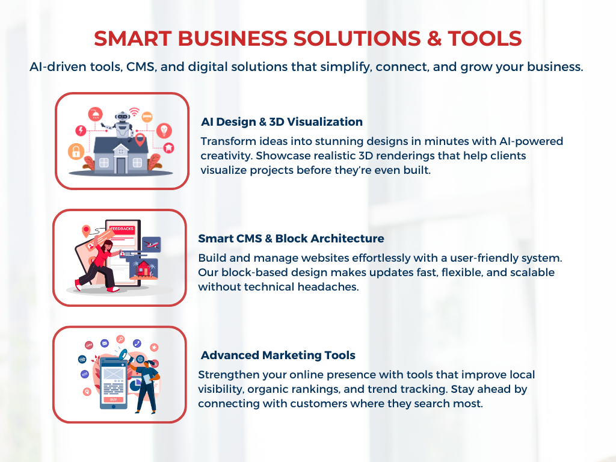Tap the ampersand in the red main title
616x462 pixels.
point(434,38)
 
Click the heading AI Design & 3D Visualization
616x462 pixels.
point(282,122)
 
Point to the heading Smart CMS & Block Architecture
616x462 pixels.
point(291,238)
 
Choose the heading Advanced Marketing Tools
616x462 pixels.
point(278,355)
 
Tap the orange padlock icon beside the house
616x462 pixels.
point(76,151)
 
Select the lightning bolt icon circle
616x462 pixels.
point(81,130)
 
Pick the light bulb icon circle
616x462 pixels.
point(164,130)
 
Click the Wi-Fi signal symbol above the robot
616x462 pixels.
point(134,111)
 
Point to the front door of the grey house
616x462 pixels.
point(120,165)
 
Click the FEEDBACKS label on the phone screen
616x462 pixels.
point(122,229)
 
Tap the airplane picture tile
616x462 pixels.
point(152,244)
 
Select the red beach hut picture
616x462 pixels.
point(143,269)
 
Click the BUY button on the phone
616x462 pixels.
point(114,399)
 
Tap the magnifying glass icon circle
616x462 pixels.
point(120,339)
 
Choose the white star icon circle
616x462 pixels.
point(155,347)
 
